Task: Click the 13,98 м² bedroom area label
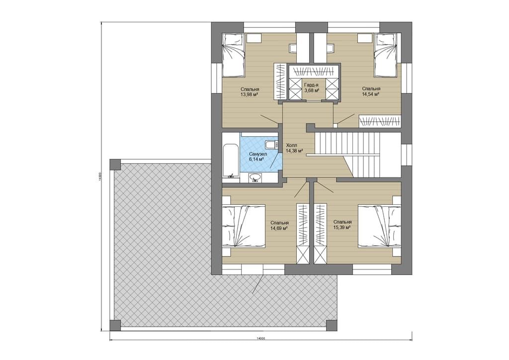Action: click(x=250, y=94)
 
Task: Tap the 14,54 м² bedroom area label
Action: click(x=371, y=94)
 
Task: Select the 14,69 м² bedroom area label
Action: click(x=279, y=228)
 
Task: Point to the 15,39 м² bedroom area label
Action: click(x=342, y=228)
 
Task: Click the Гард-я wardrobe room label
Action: click(x=311, y=85)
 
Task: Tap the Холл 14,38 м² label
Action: click(x=294, y=148)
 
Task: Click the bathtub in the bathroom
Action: click(x=231, y=161)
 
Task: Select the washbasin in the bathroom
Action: click(x=255, y=178)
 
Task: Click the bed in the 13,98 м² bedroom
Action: click(x=233, y=56)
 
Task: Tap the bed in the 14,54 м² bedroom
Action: click(x=385, y=56)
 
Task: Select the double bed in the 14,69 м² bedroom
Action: click(x=244, y=226)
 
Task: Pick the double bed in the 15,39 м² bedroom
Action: click(x=380, y=226)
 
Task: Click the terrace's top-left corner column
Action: click(x=115, y=164)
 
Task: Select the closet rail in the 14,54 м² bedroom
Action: click(x=380, y=121)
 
